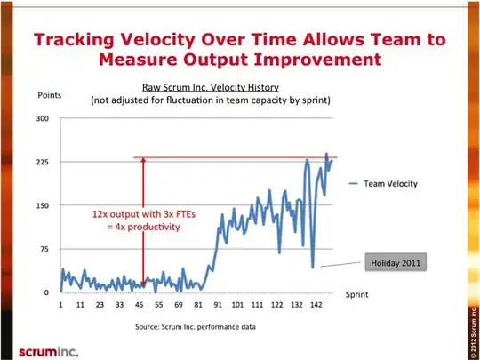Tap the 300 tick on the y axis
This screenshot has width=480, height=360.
pyautogui.click(x=43, y=118)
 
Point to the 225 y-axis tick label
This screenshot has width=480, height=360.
pyautogui.click(x=43, y=162)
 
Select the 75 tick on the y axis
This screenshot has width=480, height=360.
pyautogui.click(x=44, y=249)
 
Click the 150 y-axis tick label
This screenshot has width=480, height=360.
pyautogui.click(x=43, y=205)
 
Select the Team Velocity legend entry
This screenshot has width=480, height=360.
pyautogui.click(x=382, y=184)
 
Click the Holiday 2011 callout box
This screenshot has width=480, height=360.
pyautogui.click(x=396, y=262)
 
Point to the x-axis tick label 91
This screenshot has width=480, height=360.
pyautogui.click(x=217, y=305)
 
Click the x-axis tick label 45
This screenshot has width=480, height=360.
pyautogui.click(x=140, y=305)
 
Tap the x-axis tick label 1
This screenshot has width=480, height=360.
pyautogui.click(x=60, y=305)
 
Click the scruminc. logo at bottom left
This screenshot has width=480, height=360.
pyautogui.click(x=36, y=346)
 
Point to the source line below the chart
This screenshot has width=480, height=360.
pyautogui.click(x=195, y=328)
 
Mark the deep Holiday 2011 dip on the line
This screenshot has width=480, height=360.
pyautogui.click(x=313, y=266)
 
